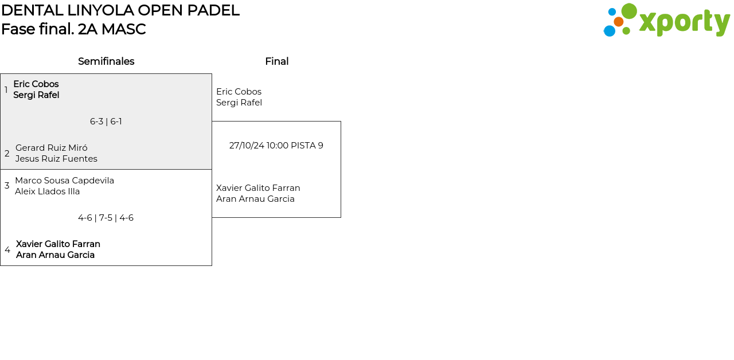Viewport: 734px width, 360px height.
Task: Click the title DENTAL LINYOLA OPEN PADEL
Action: (x=120, y=10)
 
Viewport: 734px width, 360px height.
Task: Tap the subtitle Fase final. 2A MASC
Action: (x=73, y=29)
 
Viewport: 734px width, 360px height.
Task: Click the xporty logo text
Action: (x=684, y=22)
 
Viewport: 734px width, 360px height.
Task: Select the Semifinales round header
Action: (x=106, y=61)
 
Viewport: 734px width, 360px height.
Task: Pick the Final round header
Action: (x=276, y=61)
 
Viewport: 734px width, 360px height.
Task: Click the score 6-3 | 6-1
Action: (x=106, y=122)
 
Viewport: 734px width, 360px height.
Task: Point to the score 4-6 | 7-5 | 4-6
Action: (x=106, y=218)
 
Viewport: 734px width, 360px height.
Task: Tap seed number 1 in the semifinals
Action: (x=6, y=90)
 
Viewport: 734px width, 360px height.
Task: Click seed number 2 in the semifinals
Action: (x=7, y=154)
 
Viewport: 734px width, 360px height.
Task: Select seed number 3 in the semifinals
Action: (x=7, y=186)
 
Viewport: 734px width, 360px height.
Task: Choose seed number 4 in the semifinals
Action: (x=7, y=250)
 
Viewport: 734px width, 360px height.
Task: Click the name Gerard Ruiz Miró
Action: (x=52, y=148)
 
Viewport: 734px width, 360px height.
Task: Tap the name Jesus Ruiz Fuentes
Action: (x=56, y=159)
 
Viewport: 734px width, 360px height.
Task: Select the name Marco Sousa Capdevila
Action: (x=64, y=181)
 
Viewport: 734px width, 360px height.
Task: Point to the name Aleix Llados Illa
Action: (x=48, y=191)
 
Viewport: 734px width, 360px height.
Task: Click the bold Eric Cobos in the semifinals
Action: (x=36, y=84)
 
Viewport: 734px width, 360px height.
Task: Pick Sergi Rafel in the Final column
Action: (x=239, y=103)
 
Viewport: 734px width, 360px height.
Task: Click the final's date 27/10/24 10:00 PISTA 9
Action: (x=276, y=146)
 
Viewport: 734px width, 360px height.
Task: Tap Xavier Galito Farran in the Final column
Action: (x=258, y=188)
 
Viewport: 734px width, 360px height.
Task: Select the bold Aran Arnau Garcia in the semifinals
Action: (x=55, y=255)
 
